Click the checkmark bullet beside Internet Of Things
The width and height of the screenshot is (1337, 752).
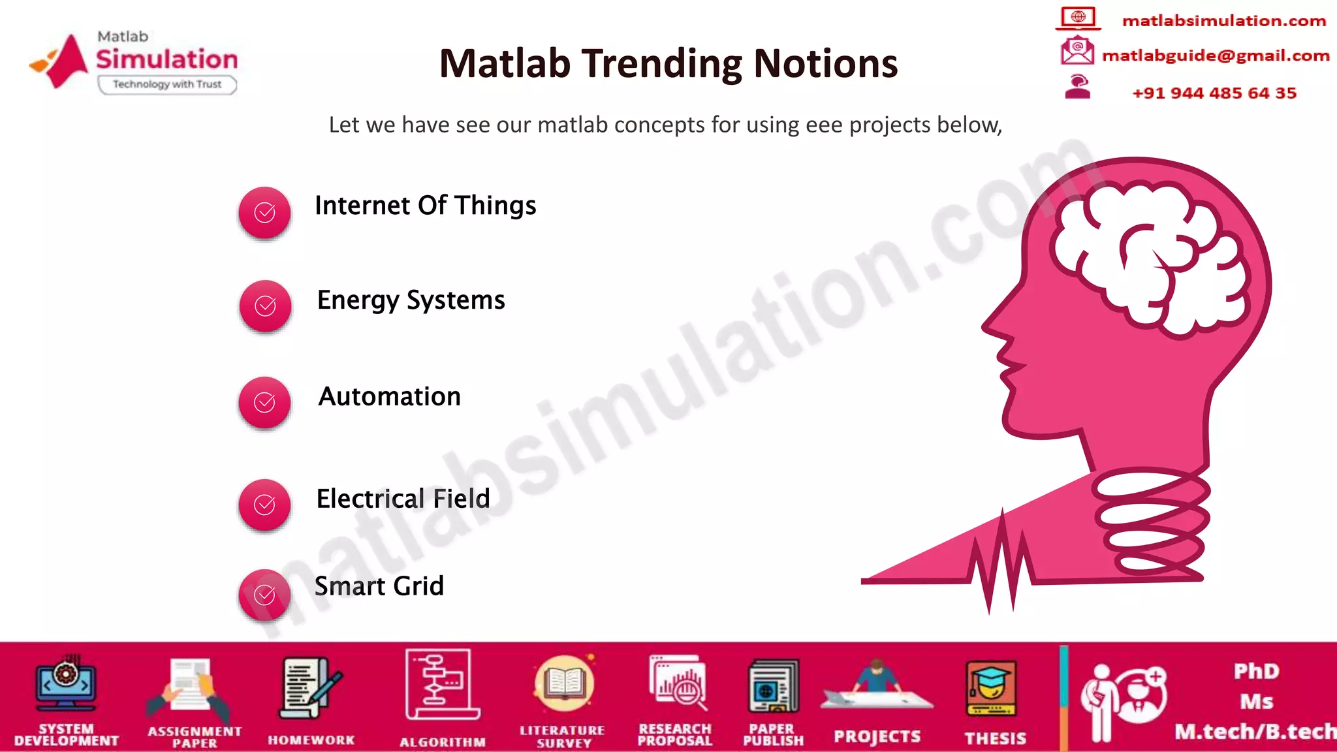[x=264, y=212]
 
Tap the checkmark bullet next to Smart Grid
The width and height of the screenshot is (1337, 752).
[x=264, y=595]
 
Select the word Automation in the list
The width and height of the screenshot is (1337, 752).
[x=390, y=397]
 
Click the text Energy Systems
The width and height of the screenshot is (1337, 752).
[x=411, y=300]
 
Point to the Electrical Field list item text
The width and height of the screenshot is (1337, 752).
[x=403, y=499]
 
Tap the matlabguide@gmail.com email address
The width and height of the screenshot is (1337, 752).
[x=1215, y=55]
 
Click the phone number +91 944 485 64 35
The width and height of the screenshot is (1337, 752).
[x=1214, y=93]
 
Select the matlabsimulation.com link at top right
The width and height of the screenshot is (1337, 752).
[x=1223, y=21]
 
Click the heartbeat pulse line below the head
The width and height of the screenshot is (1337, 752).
[x=1002, y=561]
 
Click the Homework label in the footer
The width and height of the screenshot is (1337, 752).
[x=311, y=740]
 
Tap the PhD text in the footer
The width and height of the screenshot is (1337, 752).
[x=1256, y=671]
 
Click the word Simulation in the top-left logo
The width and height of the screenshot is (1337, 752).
[x=167, y=59]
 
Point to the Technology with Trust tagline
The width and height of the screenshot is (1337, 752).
[x=167, y=84]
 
